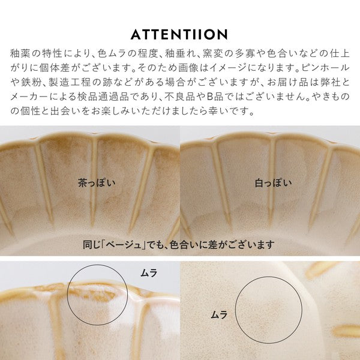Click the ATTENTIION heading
pyautogui.click(x=179, y=34)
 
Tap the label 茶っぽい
pyautogui.click(x=97, y=183)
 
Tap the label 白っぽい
pyautogui.click(x=273, y=183)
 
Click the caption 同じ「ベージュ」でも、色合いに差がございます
pyautogui.click(x=179, y=245)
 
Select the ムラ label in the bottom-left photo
pyautogui.click(x=149, y=273)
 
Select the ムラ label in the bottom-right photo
pyautogui.click(x=219, y=314)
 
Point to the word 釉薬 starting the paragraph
pyautogui.click(x=19, y=53)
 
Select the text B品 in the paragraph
pyautogui.click(x=215, y=97)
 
